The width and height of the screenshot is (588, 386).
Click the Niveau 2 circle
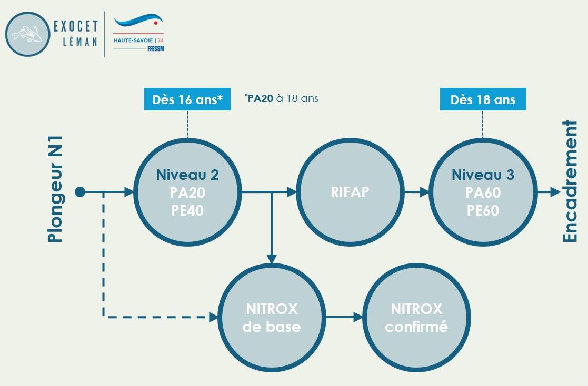tap(187, 192)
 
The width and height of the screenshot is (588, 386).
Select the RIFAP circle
tap(351, 192)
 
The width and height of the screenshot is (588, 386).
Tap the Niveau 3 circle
tap(483, 192)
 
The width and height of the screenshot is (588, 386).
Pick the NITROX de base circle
tap(272, 317)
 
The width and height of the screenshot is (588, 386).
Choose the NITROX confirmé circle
tap(416, 317)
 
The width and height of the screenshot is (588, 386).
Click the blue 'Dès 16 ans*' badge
tap(187, 100)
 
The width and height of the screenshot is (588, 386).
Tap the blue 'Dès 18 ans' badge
tap(483, 100)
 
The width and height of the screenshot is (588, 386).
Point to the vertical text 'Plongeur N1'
tap(55, 189)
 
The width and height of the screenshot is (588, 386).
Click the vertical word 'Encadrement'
tap(570, 181)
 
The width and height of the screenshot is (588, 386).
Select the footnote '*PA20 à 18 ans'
tap(282, 98)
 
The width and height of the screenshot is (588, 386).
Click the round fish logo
tap(27, 34)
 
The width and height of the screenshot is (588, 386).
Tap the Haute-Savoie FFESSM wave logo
tap(139, 32)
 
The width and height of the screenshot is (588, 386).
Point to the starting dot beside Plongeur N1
tap(80, 192)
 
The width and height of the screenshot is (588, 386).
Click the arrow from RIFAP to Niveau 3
tap(417, 192)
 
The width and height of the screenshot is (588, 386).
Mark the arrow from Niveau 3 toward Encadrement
tap(549, 192)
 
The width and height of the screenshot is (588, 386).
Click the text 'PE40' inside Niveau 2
tap(187, 210)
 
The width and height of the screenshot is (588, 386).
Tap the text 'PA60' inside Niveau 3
tap(483, 193)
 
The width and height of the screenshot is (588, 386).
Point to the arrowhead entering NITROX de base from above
tap(272, 258)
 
